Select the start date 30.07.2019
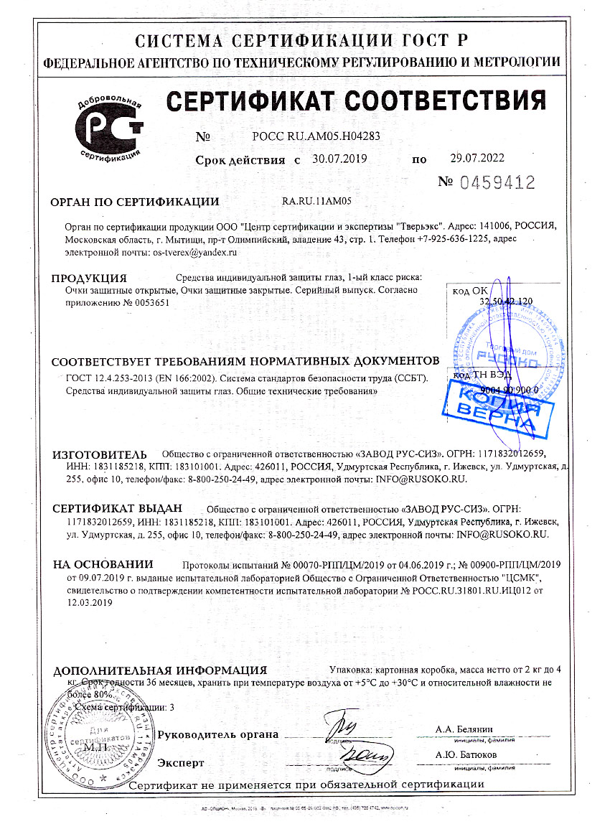(x=339, y=159)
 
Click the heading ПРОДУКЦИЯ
(x=91, y=278)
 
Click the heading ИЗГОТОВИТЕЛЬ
(x=100, y=454)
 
